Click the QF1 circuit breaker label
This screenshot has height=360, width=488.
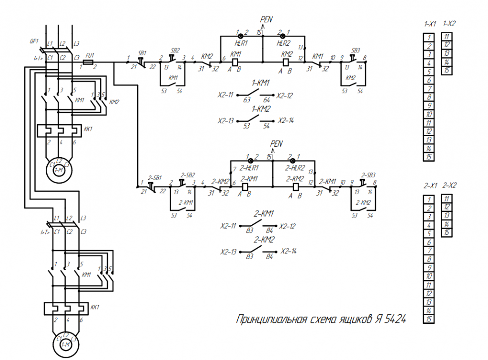click(x=34, y=41)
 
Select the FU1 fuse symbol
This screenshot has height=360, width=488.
click(x=88, y=62)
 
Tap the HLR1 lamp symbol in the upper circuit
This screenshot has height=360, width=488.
click(x=241, y=36)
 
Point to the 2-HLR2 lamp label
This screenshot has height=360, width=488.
click(x=295, y=168)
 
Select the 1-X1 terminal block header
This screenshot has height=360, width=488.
click(x=430, y=23)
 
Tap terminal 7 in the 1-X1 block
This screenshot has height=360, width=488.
click(x=429, y=89)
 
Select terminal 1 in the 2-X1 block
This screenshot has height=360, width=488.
click(x=429, y=200)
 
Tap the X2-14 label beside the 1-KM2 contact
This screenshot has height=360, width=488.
click(x=287, y=120)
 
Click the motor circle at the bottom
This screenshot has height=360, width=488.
click(x=60, y=342)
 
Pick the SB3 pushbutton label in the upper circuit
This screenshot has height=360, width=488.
click(x=356, y=50)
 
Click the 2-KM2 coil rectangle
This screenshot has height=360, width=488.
click(x=295, y=186)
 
